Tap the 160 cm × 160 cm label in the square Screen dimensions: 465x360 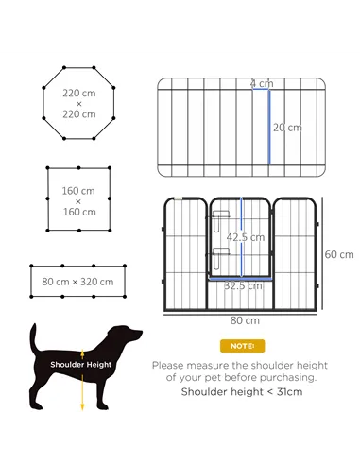point(78,201)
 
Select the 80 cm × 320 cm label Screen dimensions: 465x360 point(77,282)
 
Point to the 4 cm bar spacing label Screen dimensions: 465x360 point(256,84)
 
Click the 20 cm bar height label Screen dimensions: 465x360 point(286,128)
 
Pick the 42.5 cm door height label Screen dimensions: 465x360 point(245,237)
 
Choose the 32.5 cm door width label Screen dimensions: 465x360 point(242,284)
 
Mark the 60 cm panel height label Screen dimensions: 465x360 point(338,254)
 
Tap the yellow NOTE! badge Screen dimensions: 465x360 point(242,346)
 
